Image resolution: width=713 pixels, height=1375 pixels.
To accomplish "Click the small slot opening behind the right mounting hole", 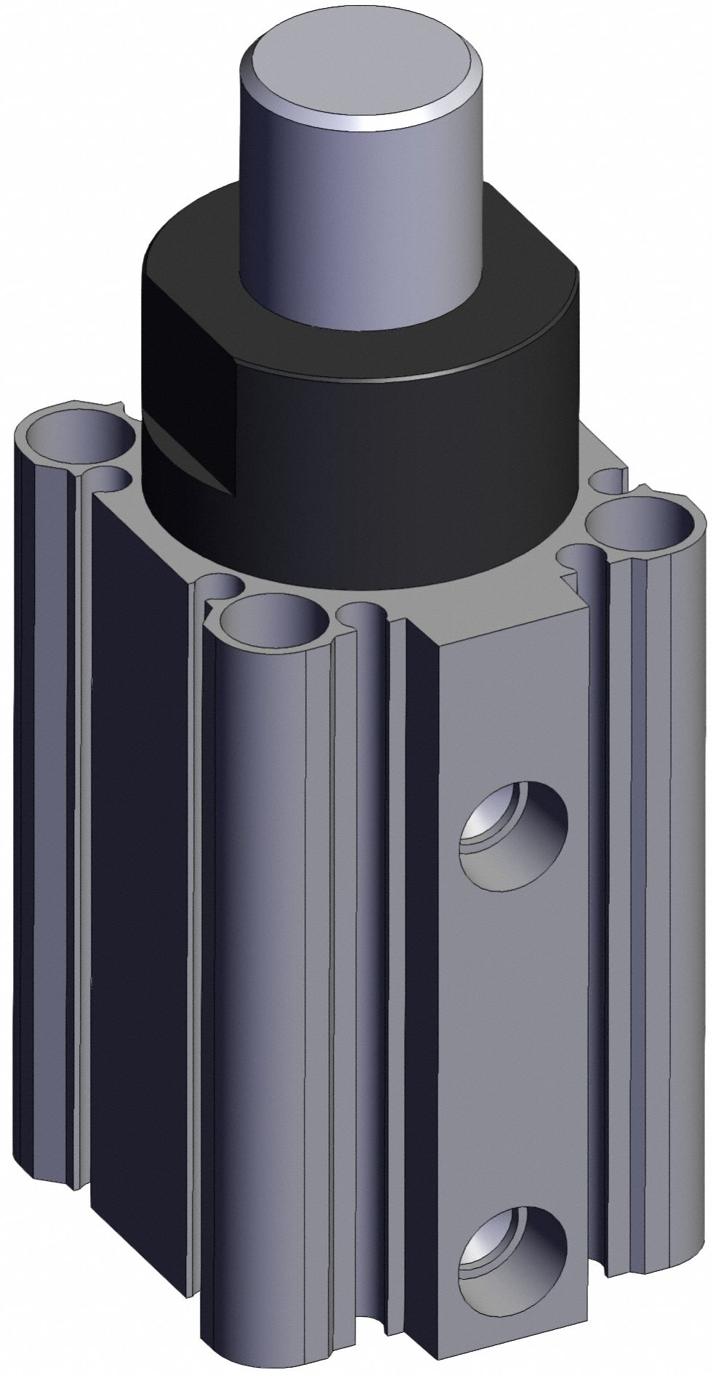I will [x=606, y=480].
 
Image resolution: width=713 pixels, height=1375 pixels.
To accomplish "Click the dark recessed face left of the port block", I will [x=414, y=1017].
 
